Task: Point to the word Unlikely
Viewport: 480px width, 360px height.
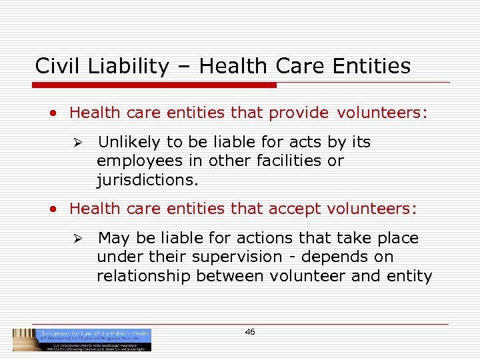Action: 129,143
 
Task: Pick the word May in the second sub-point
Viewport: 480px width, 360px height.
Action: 112,239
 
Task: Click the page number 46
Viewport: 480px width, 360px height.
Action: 250,332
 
